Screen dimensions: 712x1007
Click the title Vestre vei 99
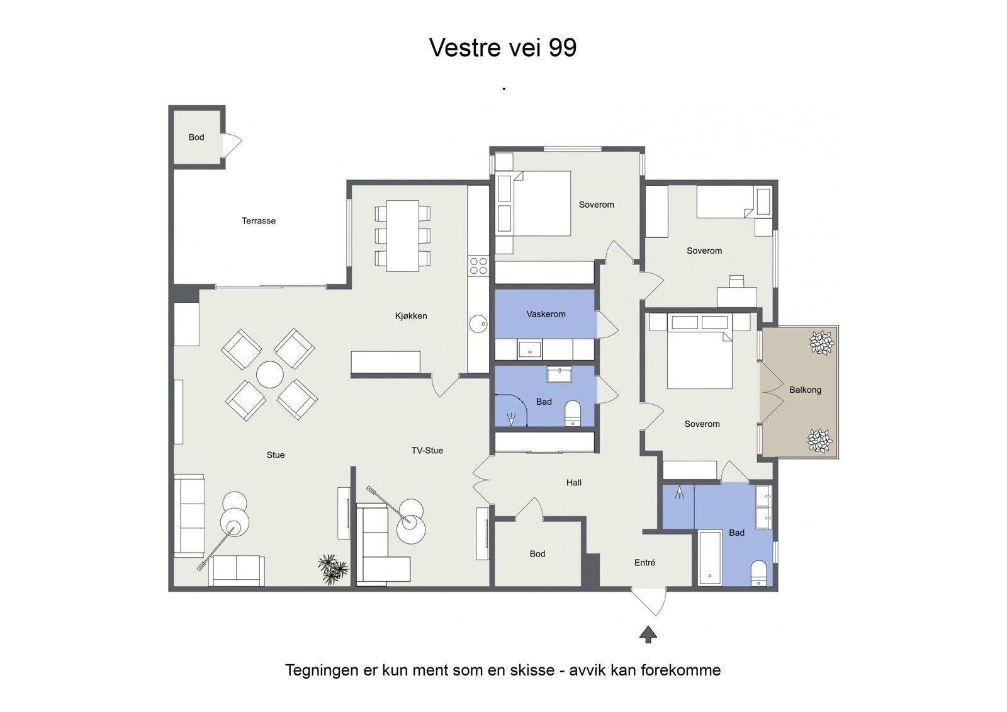point(502,48)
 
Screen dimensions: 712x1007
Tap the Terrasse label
point(259,221)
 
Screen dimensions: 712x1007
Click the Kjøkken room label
point(411,316)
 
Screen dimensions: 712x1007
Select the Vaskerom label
point(546,314)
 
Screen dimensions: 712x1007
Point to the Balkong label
point(805,390)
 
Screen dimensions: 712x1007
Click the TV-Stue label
point(427,451)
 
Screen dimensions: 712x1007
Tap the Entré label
point(644,563)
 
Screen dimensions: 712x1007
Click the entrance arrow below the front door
point(648,635)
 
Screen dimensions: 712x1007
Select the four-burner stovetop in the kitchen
point(478,266)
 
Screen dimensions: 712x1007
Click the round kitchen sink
point(478,324)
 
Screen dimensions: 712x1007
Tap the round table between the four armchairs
point(270,375)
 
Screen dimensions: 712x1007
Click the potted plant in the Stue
point(332,568)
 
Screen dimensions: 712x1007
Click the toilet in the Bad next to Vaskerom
point(573,413)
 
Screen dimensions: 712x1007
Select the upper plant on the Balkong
point(821,342)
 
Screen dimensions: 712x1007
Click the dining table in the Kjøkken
point(403,235)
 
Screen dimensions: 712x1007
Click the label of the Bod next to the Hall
point(537,554)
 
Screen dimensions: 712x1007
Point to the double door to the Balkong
point(769,390)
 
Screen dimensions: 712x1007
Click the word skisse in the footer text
point(532,670)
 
